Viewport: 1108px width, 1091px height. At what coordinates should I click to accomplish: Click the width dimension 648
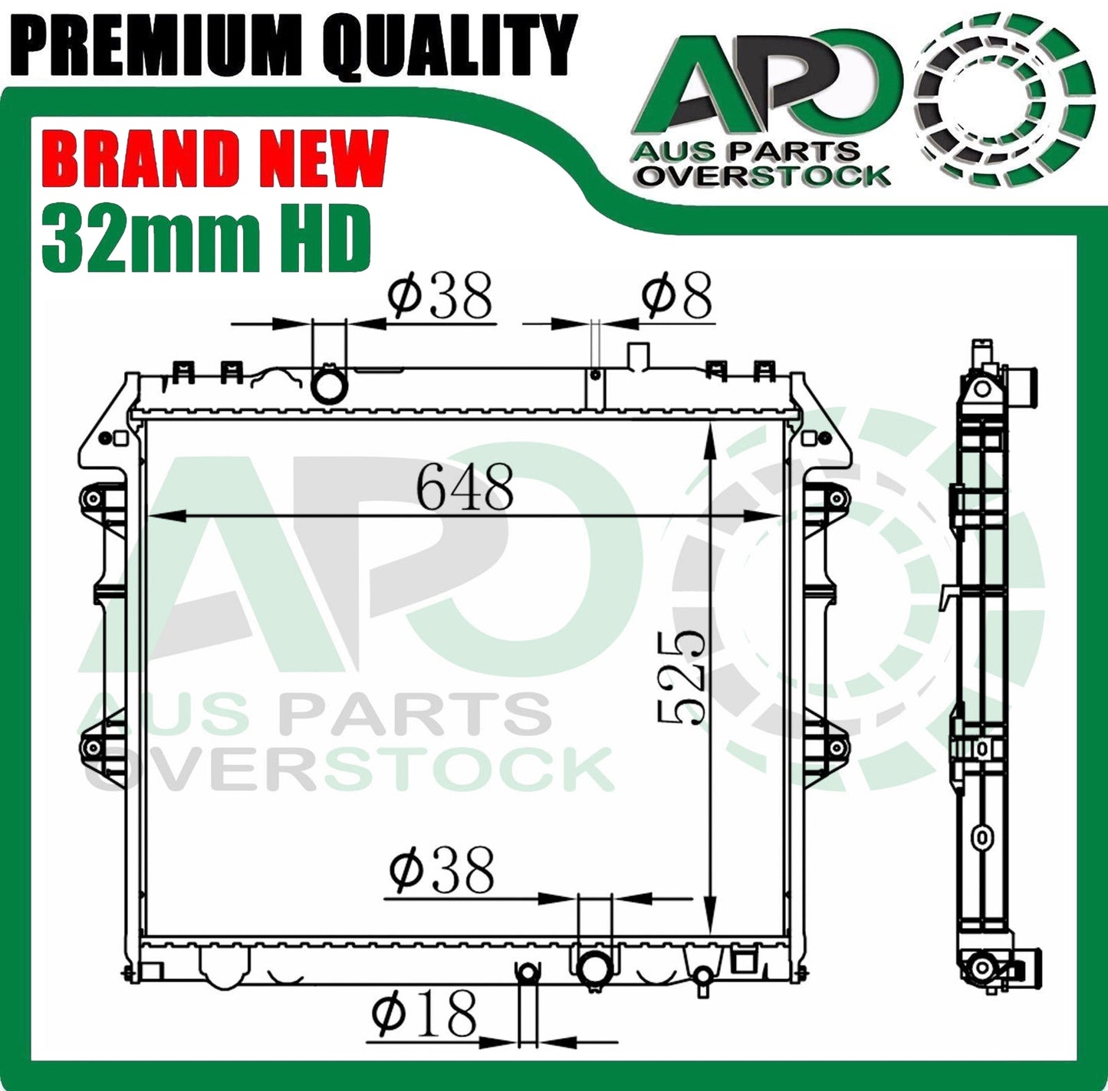point(465,488)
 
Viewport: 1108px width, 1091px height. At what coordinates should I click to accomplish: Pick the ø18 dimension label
point(424,1014)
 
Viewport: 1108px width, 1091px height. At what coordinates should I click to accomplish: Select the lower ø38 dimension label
point(442,871)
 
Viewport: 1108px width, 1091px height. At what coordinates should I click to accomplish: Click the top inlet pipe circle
point(329,385)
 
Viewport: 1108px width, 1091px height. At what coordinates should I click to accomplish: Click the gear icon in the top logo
point(1004,100)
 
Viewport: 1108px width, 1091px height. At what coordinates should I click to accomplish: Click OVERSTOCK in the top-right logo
point(764,176)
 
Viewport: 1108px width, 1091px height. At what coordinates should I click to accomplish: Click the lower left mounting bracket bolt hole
point(93,746)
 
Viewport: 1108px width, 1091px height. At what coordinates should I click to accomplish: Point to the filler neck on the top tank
point(638,355)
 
